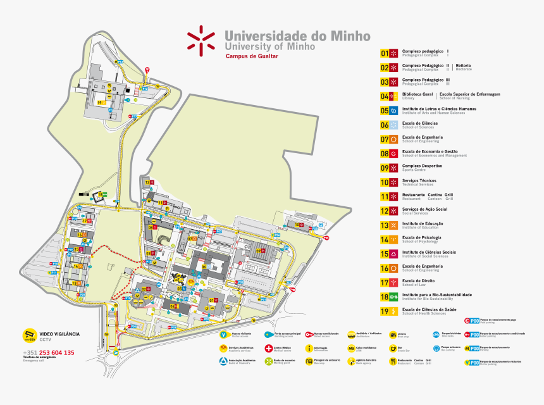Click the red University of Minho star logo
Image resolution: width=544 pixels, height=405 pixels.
pyautogui.click(x=201, y=39)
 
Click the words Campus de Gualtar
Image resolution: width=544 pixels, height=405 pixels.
pyautogui.click(x=252, y=56)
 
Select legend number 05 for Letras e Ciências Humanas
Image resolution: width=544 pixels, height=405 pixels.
pyautogui.click(x=385, y=111)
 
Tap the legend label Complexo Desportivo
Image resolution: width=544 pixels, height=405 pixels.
pyautogui.click(x=422, y=166)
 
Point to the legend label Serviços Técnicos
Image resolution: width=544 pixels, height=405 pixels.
pyautogui.click(x=419, y=180)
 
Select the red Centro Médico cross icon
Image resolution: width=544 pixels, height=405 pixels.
pyautogui.click(x=268, y=347)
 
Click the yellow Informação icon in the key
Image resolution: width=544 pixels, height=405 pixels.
pyautogui.click(x=309, y=347)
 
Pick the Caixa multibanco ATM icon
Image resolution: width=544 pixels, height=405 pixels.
pyautogui.click(x=351, y=347)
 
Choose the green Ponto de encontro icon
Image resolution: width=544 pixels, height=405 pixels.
pyautogui.click(x=268, y=361)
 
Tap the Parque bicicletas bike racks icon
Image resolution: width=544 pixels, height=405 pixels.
pyautogui.click(x=436, y=333)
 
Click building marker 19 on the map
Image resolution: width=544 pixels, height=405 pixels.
pyautogui.click(x=99, y=103)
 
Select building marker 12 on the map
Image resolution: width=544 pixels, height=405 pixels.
pyautogui.click(x=146, y=182)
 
